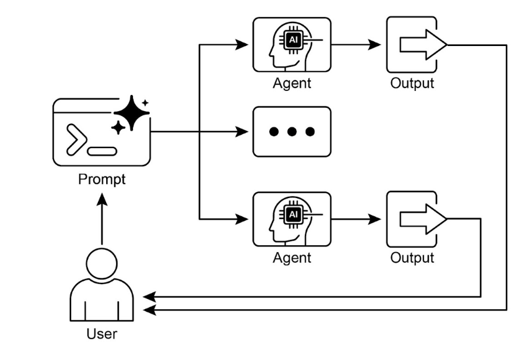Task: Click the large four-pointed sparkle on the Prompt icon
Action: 132,112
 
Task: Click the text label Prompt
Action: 101,179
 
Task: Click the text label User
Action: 101,334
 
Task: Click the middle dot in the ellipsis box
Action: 291,132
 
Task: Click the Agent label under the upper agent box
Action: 291,83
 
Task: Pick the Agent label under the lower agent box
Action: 291,257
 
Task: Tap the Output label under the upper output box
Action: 412,83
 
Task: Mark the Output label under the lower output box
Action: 412,257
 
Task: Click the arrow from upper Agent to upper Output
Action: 358,45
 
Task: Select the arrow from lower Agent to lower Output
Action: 358,220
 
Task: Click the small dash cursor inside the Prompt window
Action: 102,151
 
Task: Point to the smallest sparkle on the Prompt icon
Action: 145,103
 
